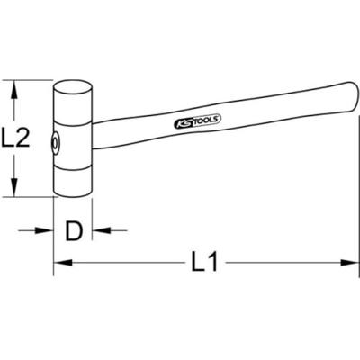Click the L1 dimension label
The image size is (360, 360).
click(x=207, y=263)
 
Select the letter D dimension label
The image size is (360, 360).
click(x=74, y=231)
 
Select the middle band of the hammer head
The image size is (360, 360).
click(x=74, y=140)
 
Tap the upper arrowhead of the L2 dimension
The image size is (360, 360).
click(x=14, y=86)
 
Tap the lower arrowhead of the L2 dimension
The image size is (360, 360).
click(x=14, y=190)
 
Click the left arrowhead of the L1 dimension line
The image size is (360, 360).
click(x=61, y=264)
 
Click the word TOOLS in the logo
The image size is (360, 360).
click(x=203, y=118)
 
